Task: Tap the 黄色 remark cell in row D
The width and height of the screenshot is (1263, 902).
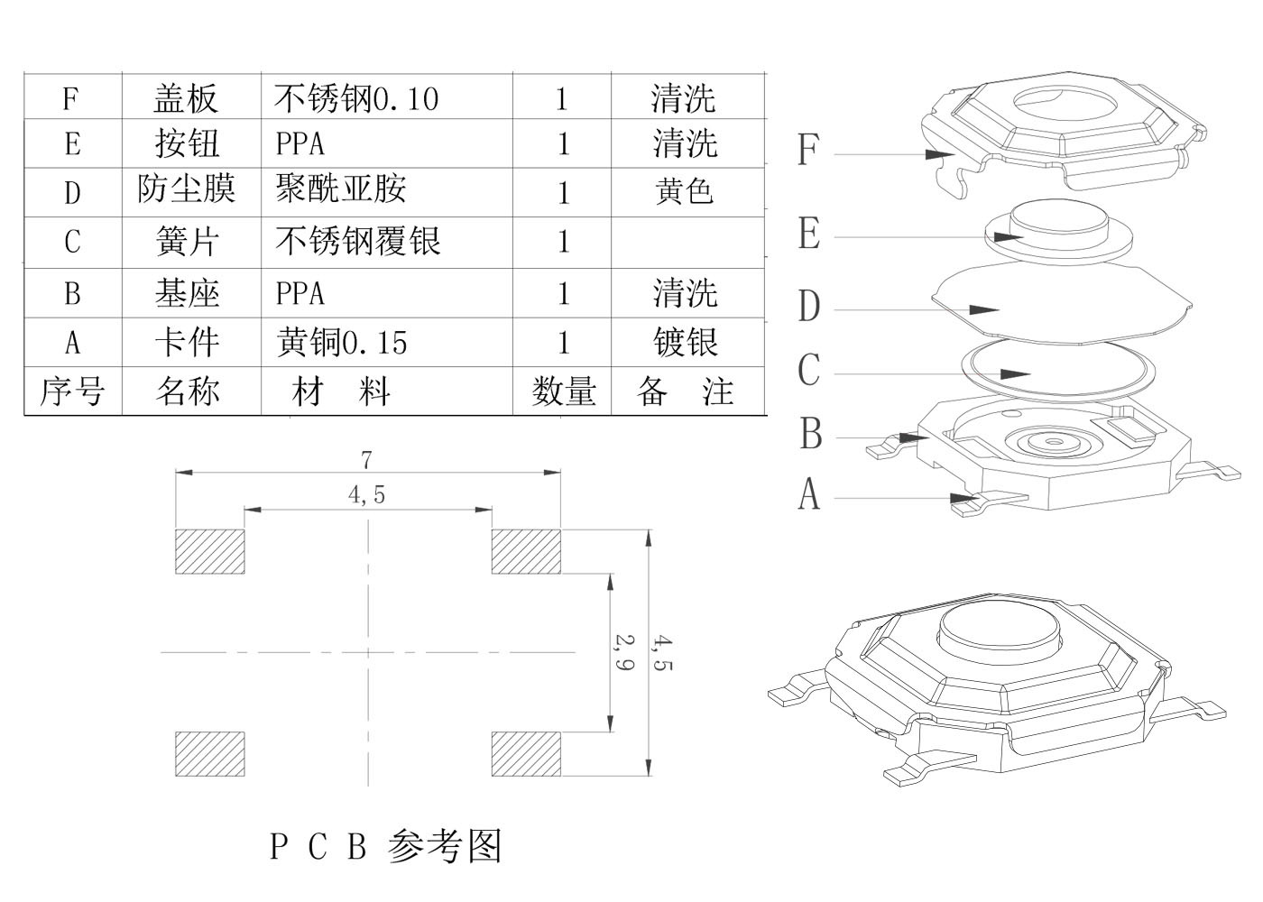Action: click(x=685, y=191)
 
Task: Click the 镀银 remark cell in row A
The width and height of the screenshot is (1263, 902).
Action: click(x=686, y=343)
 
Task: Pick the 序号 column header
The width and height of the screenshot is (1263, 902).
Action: click(x=72, y=391)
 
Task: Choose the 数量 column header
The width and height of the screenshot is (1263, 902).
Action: click(x=563, y=391)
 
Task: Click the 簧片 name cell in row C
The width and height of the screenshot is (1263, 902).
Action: click(x=187, y=242)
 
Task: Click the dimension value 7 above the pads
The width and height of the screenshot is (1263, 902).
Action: click(x=366, y=460)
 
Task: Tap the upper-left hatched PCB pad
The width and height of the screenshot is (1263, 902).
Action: click(x=209, y=551)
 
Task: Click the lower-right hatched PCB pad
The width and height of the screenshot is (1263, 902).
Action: click(x=526, y=753)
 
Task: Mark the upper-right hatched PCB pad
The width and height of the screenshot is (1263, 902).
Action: click(x=526, y=551)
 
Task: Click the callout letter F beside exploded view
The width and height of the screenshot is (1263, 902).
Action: click(x=808, y=150)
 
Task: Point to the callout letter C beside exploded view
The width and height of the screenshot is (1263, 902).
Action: click(x=809, y=371)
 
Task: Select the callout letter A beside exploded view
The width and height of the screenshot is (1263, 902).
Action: click(x=809, y=494)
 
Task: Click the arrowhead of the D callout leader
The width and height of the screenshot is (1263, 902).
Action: click(x=985, y=309)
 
